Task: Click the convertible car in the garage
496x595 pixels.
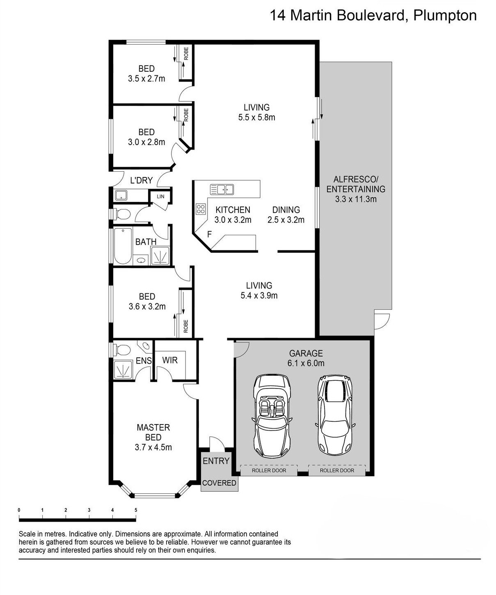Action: [x=272, y=417]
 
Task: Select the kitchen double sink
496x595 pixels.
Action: [x=222, y=189]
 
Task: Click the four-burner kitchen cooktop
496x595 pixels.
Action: [x=200, y=209]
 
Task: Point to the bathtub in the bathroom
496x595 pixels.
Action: [x=123, y=245]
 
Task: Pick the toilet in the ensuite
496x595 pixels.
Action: [x=122, y=350]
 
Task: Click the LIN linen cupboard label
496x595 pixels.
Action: [x=160, y=196]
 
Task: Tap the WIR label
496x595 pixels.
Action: [x=170, y=360]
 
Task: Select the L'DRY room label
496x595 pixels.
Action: [x=141, y=180]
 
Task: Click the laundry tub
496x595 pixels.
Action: [x=121, y=195]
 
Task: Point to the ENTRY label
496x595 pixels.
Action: [x=216, y=461]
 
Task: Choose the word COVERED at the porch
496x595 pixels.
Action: [x=219, y=483]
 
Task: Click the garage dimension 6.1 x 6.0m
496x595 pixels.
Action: [x=306, y=363]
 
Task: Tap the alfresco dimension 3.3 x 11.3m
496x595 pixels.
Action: [x=356, y=199]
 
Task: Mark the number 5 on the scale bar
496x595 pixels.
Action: [x=136, y=510]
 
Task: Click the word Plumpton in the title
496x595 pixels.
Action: [x=445, y=16]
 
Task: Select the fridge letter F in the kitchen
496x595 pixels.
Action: [x=210, y=234]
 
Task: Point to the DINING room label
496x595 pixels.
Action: [x=286, y=210]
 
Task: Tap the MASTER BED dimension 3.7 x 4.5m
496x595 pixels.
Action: [x=153, y=447]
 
